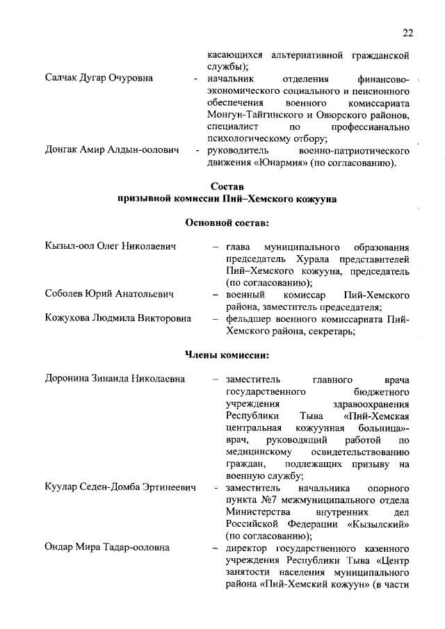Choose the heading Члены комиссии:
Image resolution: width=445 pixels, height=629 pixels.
(227, 355)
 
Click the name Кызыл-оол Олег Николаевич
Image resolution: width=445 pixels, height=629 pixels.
(110, 247)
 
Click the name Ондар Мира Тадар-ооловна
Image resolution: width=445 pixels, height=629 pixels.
(107, 548)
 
